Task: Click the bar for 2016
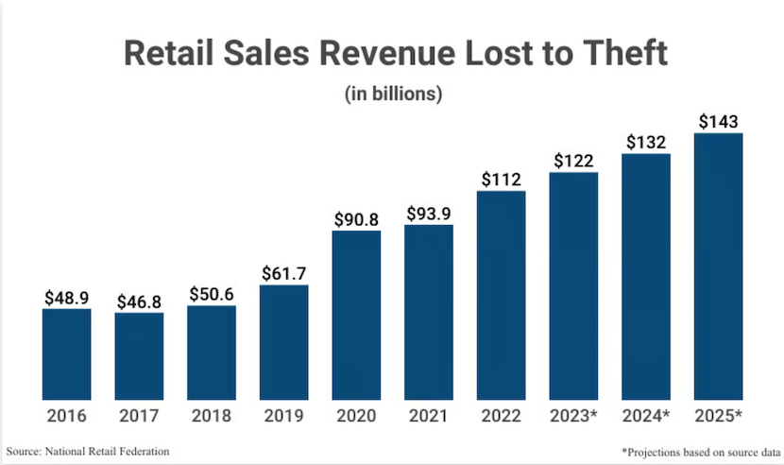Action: (x=66, y=353)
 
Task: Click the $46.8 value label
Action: (x=139, y=302)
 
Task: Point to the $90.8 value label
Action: (x=356, y=219)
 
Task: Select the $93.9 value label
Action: (x=429, y=214)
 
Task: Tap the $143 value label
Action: (x=718, y=122)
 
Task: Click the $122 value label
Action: (x=573, y=162)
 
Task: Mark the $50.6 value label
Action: (x=212, y=294)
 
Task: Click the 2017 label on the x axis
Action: (x=139, y=416)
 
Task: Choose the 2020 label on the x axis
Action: (x=356, y=416)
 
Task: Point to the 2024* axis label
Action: (x=646, y=416)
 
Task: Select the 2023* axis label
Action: (x=573, y=416)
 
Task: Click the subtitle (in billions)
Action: (x=391, y=94)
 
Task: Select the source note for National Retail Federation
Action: (x=88, y=452)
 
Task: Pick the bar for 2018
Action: (x=212, y=353)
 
